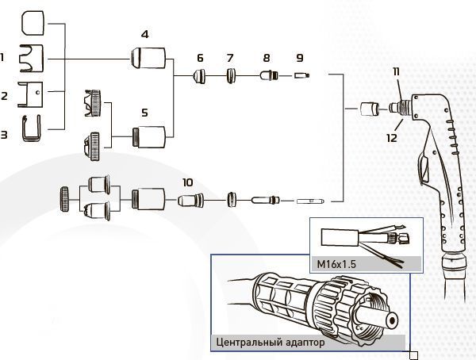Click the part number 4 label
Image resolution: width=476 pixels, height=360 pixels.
click(144, 34)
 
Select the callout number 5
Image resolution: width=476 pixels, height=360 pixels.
click(144, 113)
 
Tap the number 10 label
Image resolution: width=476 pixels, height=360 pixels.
click(186, 182)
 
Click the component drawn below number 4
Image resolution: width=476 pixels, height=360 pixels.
click(149, 58)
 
